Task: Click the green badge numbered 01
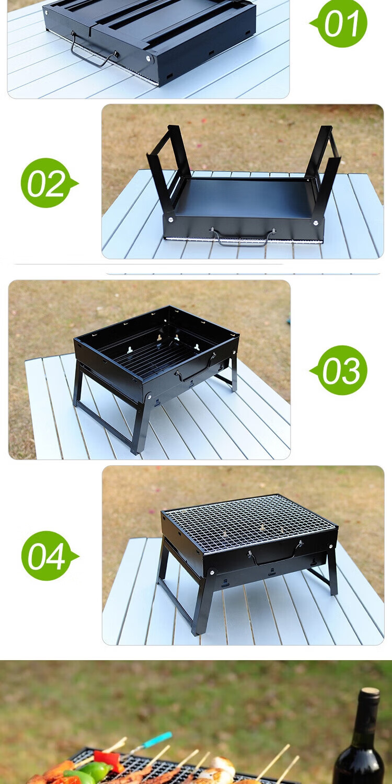coord(341,23)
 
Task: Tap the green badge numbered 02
coord(47,183)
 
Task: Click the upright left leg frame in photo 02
coord(168,168)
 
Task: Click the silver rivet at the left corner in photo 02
coord(170,220)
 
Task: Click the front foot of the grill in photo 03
coord(135,452)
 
